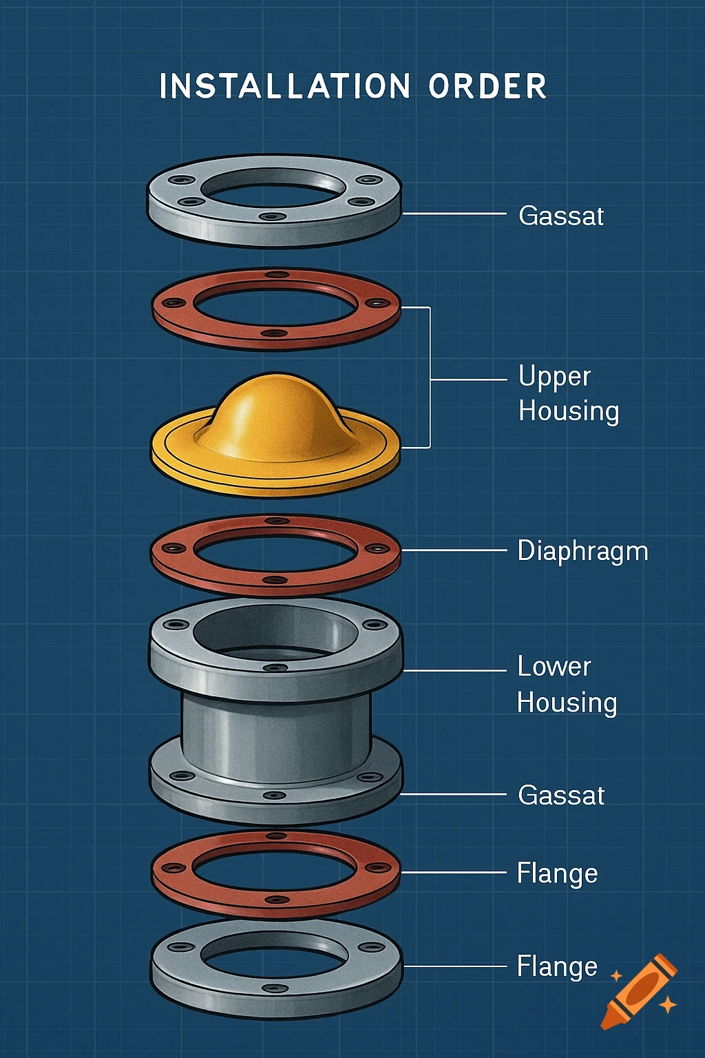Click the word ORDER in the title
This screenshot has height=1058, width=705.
487,87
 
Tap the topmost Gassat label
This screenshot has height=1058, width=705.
561,216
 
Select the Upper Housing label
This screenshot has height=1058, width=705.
568,393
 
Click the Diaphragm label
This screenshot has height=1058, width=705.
582,551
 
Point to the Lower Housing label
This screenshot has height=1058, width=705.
567,685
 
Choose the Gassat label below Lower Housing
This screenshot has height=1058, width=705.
561,796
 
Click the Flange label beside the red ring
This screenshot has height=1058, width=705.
557,873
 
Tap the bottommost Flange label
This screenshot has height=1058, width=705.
557,966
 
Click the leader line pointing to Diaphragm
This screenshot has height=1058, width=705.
454,551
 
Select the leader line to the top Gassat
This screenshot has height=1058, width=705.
454,215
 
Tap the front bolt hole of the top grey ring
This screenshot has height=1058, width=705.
273,216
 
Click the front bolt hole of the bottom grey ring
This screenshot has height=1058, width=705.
275,988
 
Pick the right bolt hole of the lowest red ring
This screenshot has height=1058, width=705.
377,868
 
